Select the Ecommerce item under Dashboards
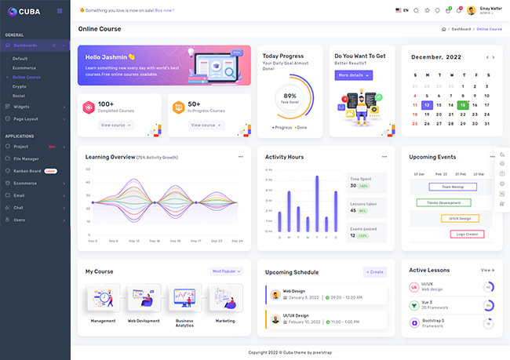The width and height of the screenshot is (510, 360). [x=24, y=68]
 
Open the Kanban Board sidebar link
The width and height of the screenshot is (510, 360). [x=27, y=170]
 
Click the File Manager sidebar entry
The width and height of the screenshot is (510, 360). [x=26, y=158]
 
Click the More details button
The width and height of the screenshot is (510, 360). [x=353, y=75]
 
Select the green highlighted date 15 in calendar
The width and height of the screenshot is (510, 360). [x=463, y=104]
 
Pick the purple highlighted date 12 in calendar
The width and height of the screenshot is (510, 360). [x=426, y=104]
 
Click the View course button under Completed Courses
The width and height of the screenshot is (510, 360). [x=116, y=125]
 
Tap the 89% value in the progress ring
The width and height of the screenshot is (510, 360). [x=290, y=96]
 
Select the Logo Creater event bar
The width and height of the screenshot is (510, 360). [x=468, y=234]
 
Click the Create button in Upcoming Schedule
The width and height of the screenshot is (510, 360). [x=375, y=272]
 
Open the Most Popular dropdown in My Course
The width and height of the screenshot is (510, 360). [x=227, y=271]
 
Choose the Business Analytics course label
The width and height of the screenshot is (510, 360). [x=184, y=322]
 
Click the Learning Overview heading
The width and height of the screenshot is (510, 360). [x=110, y=157]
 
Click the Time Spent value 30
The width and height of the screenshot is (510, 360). [x=353, y=186]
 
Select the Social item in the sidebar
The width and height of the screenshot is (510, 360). [x=19, y=96]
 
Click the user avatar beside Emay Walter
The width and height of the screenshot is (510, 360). [x=471, y=10]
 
